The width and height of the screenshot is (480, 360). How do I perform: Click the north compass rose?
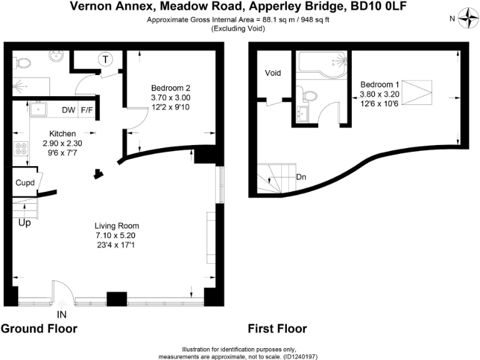coord(466,18)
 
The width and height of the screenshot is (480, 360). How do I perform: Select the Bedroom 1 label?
coord(379,84)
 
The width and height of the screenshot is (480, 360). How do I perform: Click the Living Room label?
coord(116,226)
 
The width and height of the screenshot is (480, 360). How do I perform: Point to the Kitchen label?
coord(62,134)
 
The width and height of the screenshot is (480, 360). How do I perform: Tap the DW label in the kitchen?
coord(68,111)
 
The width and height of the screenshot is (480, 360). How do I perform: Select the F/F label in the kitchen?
coord(86,111)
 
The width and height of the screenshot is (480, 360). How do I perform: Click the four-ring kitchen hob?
coord(21,149)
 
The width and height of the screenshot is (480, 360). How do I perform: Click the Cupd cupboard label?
coord(25,184)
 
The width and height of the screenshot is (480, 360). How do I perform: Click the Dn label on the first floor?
coord(301,176)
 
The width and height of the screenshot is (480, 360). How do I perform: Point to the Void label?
coord(273,73)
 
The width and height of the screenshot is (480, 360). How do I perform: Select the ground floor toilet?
coord(22,62)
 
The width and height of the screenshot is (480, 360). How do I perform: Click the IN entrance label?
coord(62,314)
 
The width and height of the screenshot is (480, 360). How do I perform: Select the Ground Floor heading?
coord(39,329)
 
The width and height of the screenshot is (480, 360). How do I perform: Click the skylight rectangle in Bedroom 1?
coord(417,94)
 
